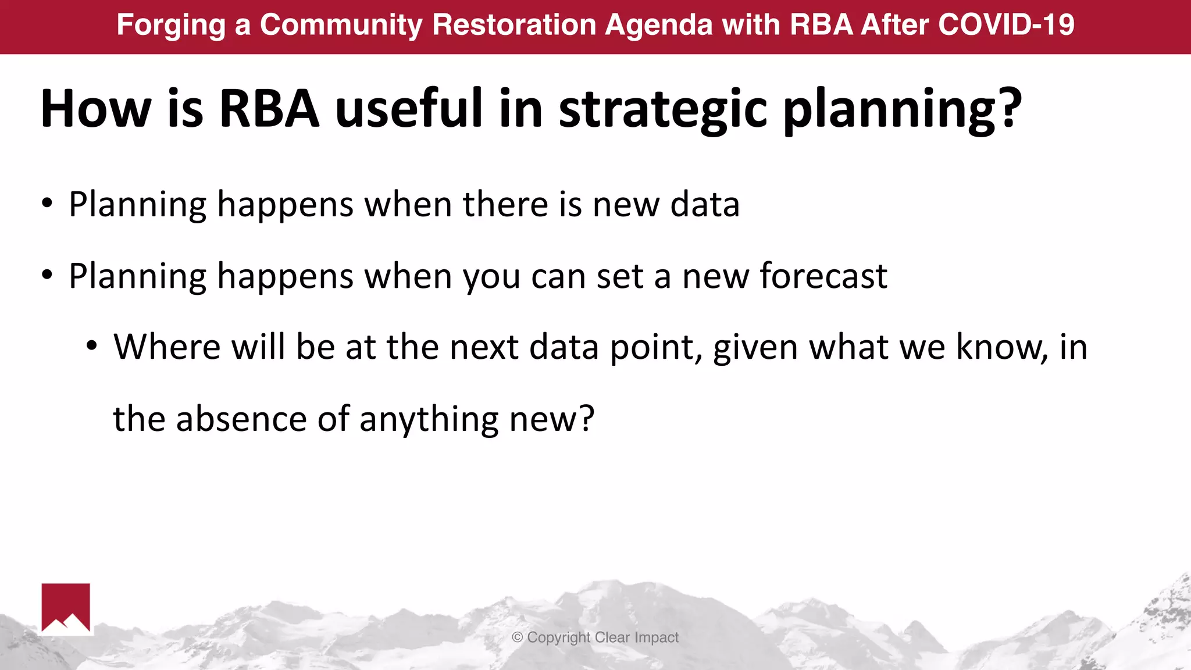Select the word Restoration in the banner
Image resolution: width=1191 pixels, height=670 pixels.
(x=514, y=25)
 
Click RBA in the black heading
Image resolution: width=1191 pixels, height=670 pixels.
(x=269, y=109)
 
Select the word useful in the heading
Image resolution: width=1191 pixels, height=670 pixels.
(x=409, y=109)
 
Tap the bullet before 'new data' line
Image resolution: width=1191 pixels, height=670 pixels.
(x=47, y=204)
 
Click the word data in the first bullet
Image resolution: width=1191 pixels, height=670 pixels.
(x=704, y=205)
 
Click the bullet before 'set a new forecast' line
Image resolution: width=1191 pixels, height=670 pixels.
(x=47, y=275)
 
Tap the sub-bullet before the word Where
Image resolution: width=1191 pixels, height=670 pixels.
(x=91, y=347)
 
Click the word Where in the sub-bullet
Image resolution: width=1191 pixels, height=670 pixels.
(x=167, y=347)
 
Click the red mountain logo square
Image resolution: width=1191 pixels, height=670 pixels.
(x=66, y=608)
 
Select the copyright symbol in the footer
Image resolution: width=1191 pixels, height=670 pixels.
(x=517, y=637)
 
